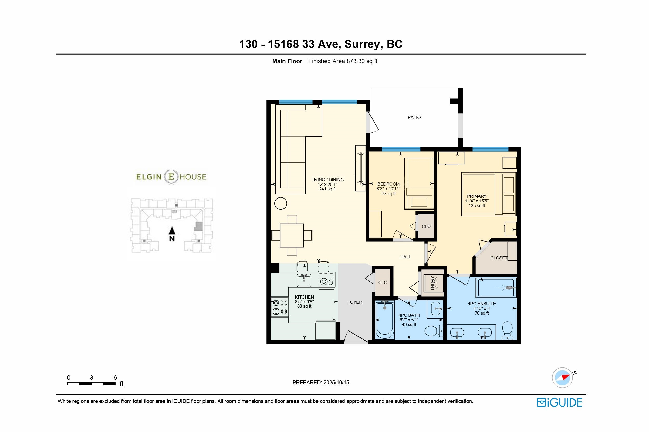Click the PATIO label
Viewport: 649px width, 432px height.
coord(414,117)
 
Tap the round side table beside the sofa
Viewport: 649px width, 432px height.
coord(281,204)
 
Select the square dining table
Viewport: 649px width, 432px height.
coord(292,236)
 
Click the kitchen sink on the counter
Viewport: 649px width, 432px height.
coord(304,280)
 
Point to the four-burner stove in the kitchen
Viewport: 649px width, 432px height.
coord(280,307)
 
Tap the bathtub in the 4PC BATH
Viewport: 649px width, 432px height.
coord(385,320)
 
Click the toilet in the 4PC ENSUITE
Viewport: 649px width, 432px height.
coord(508,330)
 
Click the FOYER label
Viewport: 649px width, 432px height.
coord(355,302)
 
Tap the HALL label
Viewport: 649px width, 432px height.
coord(405,257)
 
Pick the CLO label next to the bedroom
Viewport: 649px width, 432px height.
coord(426,226)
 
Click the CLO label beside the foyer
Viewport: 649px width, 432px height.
coord(383,282)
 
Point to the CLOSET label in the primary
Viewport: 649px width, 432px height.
coord(499,258)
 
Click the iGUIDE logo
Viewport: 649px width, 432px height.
coord(559,402)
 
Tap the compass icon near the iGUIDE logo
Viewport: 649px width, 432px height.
coord(562,378)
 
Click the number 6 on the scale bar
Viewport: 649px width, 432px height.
coord(115,377)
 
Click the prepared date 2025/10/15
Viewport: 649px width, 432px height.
coord(336,383)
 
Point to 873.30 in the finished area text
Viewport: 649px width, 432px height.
coord(356,61)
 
